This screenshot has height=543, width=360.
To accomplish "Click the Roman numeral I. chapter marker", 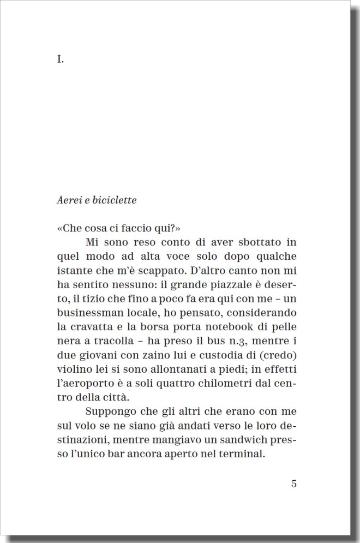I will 60,60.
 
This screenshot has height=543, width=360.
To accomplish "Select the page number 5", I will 294,483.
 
